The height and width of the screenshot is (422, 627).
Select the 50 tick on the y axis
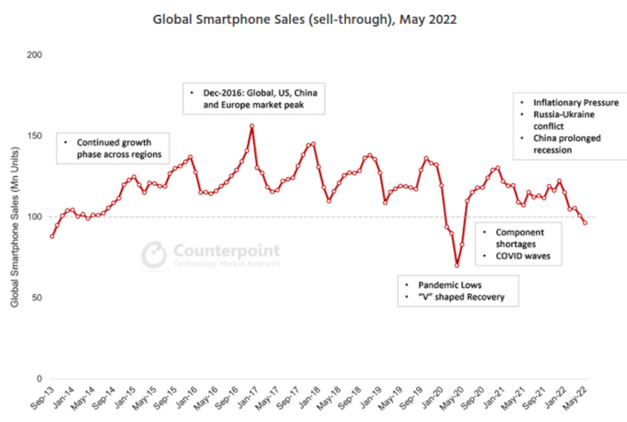click(36, 298)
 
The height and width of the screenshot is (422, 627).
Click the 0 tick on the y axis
click(39, 378)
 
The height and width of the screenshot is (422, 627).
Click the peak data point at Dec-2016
click(252, 126)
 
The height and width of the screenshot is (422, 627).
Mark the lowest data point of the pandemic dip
click(457, 265)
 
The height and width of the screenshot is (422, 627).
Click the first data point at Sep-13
click(52, 236)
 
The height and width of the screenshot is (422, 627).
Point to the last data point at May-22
click(584, 222)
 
